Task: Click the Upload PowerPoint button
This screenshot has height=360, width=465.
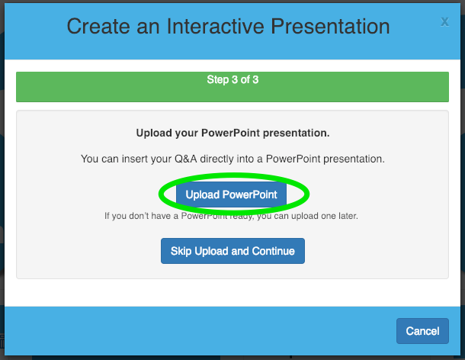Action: point(231,194)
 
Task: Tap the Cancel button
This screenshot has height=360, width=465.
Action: point(422,331)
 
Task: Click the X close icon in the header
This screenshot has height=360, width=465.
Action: point(444,21)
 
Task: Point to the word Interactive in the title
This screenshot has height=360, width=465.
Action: point(215,27)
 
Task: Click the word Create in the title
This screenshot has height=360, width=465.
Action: point(98,27)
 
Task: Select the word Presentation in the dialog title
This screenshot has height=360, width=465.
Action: point(330,27)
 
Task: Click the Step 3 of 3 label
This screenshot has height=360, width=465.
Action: point(232,79)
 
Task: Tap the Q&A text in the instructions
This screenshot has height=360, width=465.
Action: point(186,159)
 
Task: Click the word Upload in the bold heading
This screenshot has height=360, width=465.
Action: point(154,133)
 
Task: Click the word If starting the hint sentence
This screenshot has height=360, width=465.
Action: point(107,216)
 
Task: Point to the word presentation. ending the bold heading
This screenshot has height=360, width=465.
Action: point(296,133)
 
